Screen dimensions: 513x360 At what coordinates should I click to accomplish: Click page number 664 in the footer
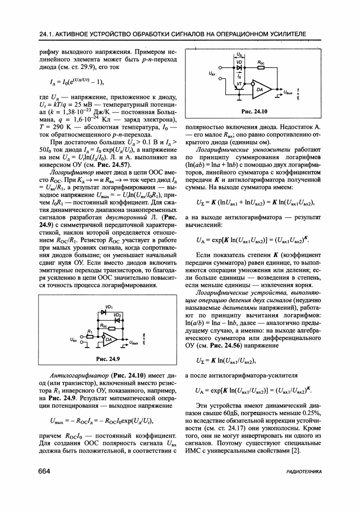tap(44, 471)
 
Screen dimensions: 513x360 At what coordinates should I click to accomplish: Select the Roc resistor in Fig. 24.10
tap(261, 67)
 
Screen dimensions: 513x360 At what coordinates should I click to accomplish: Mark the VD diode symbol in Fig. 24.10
tap(239, 67)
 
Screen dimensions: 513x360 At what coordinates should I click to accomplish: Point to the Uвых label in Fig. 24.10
tap(290, 93)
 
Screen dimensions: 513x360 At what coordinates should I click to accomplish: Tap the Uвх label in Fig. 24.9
tap(73, 339)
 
